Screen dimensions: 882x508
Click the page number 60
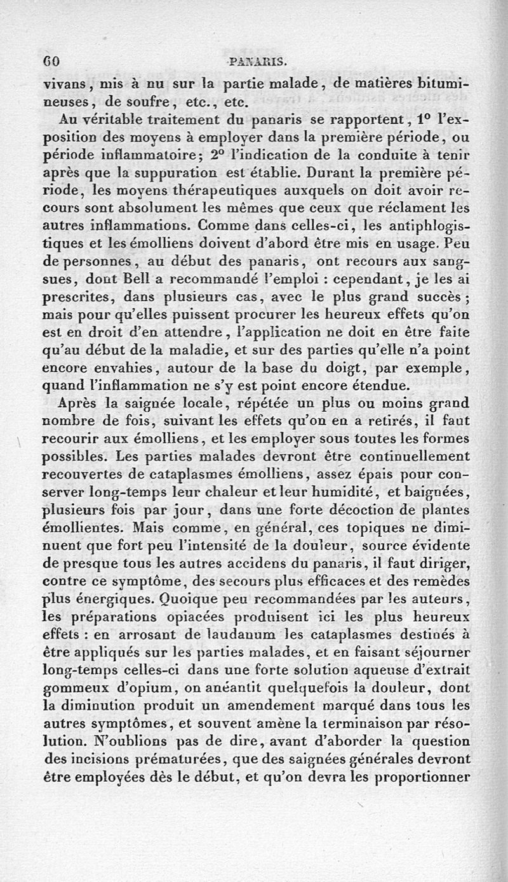(51, 62)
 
